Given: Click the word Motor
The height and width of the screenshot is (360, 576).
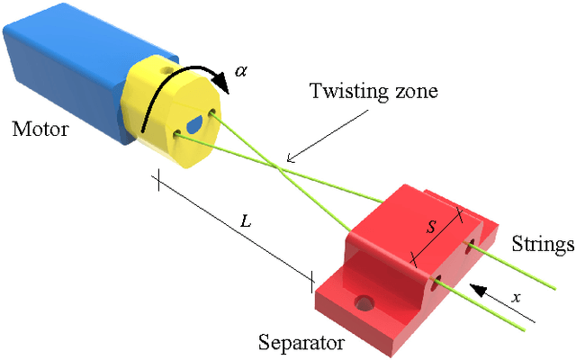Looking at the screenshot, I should (x=40, y=129).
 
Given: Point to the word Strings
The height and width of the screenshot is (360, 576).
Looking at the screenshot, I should (x=542, y=244).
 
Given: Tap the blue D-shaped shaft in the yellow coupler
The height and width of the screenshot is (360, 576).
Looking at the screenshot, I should (x=196, y=124).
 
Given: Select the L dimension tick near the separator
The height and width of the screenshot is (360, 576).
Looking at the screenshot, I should (x=311, y=280).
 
